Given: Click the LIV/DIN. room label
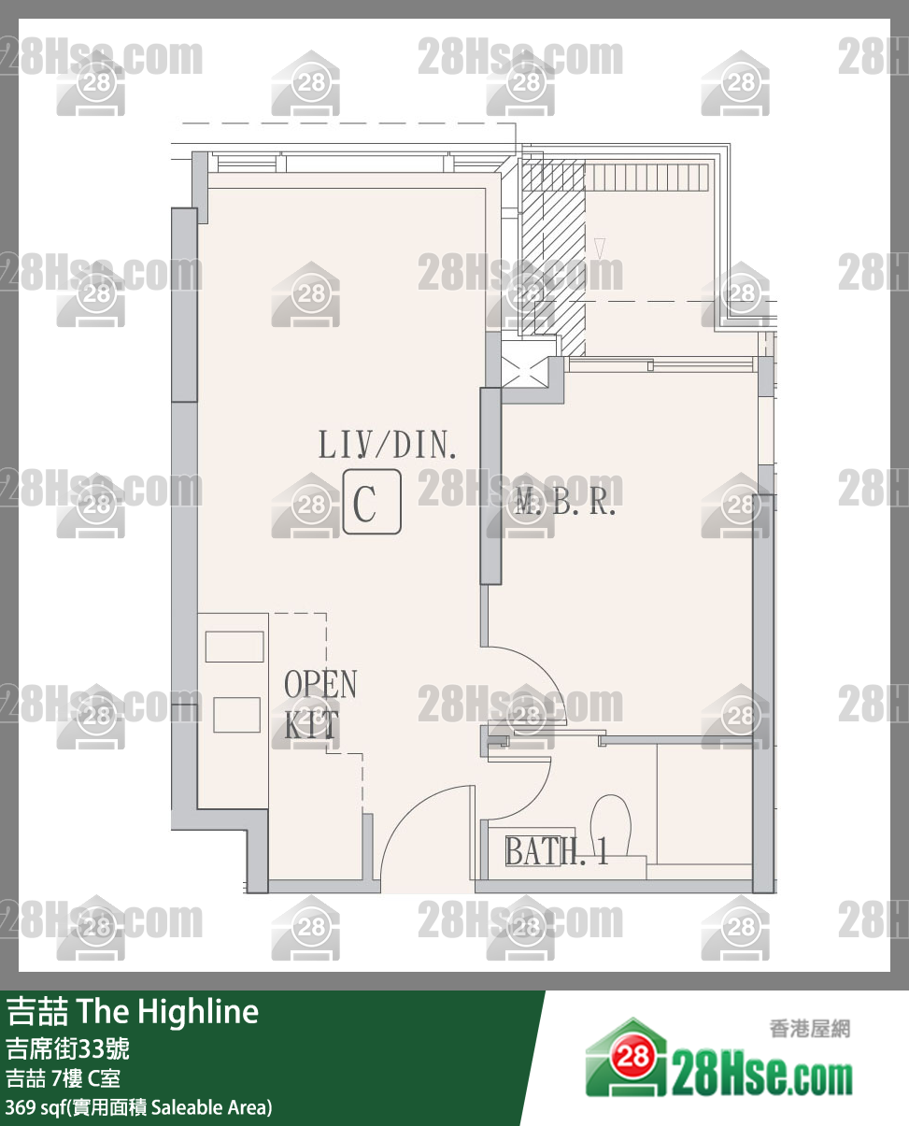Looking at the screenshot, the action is pos(387,445).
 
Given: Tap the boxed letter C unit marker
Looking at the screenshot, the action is pos(372,502).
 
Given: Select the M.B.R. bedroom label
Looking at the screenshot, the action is pos(565,501).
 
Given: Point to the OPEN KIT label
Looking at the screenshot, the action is pos(320,705).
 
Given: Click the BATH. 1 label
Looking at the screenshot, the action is pos(556,850).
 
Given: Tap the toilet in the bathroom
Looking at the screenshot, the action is pos(611,826).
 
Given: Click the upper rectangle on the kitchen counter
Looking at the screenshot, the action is pos(234,647).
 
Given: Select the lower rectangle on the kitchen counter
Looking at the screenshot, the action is pos(236,715).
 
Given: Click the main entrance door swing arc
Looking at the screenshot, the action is pos(405,809).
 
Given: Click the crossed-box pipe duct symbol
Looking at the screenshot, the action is pos(524,372).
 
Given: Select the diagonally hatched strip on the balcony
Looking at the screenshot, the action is pos(554,258).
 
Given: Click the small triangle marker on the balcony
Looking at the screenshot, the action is pos(600,249).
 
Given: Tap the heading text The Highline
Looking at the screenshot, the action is pos(168,1012).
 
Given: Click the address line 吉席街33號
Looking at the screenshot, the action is pos(67,1048).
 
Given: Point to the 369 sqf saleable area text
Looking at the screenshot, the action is pos(139,1107).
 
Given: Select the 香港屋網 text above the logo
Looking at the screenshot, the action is pos(810,1029).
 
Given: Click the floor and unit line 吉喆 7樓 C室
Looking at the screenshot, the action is pos(63,1078).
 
